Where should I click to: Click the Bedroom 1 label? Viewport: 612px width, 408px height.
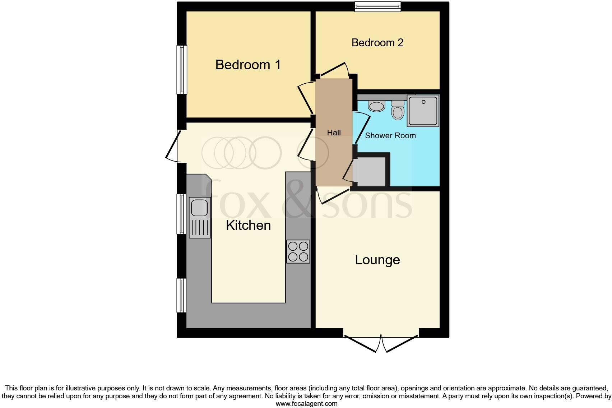coord(248,65)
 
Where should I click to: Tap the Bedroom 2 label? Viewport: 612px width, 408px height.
coord(377,43)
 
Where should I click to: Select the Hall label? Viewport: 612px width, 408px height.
coord(334,133)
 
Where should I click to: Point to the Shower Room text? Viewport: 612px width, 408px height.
coord(390,136)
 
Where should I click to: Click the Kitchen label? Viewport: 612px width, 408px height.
coord(248,226)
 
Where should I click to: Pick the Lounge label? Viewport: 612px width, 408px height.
coord(377,260)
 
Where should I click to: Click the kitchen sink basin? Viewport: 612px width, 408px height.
coord(199,208)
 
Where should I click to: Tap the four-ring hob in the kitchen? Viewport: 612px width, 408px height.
coord(298,251)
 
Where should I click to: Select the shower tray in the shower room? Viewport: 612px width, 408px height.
coord(423,111)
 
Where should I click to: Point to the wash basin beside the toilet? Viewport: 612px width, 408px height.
coord(377,106)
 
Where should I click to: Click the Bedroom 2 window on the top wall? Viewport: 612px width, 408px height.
coord(377,6)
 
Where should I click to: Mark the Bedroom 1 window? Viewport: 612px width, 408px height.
coord(182,70)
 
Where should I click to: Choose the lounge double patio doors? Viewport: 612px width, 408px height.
coord(381,343)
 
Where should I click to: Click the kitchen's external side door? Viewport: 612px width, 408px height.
coord(172,146)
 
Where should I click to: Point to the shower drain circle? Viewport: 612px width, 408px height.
coord(423,102)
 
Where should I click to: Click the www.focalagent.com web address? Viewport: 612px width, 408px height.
coord(306,403)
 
